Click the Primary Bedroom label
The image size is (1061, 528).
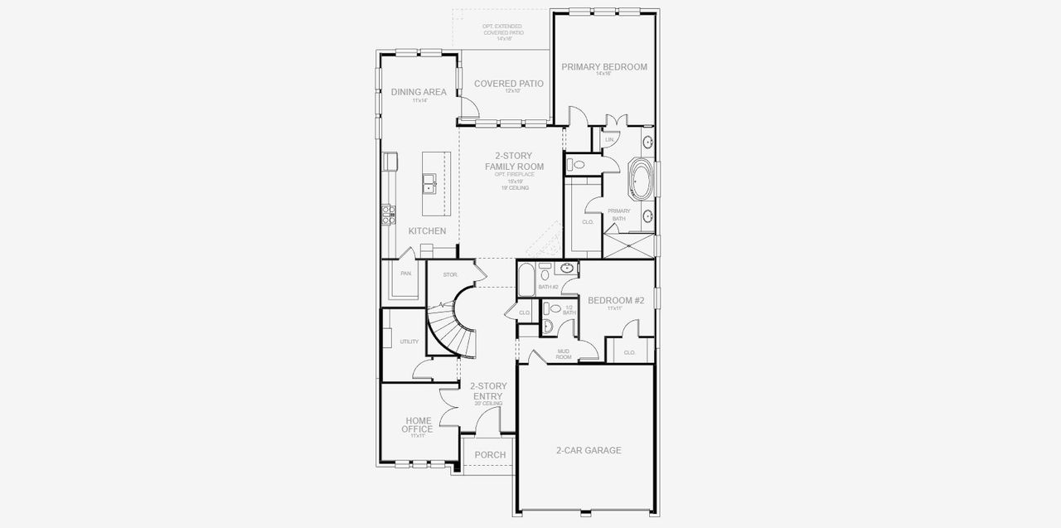(x=603, y=67)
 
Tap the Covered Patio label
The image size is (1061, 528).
(x=508, y=84)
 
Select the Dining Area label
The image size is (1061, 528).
(x=419, y=92)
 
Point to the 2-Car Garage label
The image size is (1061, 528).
(x=588, y=451)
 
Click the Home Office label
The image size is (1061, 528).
(x=417, y=424)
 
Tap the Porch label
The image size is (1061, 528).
(x=490, y=455)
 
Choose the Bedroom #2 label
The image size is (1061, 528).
(x=615, y=301)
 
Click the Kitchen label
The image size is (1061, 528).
(x=427, y=231)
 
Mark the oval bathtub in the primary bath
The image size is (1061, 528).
(x=640, y=178)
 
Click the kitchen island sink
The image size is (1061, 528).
(x=429, y=183)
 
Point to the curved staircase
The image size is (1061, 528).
(x=452, y=327)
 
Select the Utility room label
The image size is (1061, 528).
(x=409, y=342)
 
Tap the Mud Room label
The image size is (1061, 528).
(x=564, y=354)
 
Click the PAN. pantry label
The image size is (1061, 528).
(x=406, y=273)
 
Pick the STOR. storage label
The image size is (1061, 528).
(x=450, y=274)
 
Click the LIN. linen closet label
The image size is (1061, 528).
(x=609, y=139)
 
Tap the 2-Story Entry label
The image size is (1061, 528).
(x=487, y=391)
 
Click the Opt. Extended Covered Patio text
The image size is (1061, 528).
(x=502, y=32)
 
